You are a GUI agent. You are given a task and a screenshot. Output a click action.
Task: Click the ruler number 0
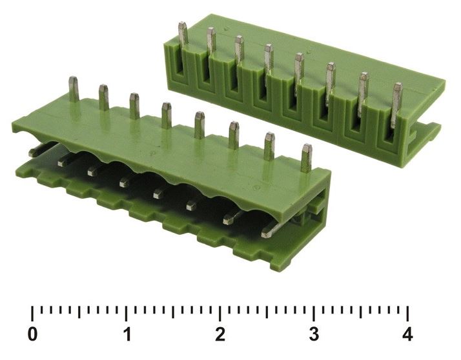[x=32, y=334]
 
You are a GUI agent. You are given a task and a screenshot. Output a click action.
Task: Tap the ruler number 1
[x=127, y=334]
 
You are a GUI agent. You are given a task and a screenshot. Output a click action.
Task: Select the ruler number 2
[x=220, y=334]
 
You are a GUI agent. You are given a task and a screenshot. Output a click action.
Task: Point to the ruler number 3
[x=314, y=334]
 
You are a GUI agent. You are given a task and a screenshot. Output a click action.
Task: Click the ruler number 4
[x=407, y=334]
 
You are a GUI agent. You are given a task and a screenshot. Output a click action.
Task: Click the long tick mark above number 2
[x=220, y=314]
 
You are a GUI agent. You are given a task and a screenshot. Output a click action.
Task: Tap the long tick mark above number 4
[x=407, y=314]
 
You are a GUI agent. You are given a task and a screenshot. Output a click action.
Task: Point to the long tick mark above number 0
[x=32, y=314]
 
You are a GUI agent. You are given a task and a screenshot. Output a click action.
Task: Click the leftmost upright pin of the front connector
[x=74, y=89]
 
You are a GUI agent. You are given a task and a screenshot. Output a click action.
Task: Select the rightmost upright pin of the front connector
[x=307, y=158]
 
